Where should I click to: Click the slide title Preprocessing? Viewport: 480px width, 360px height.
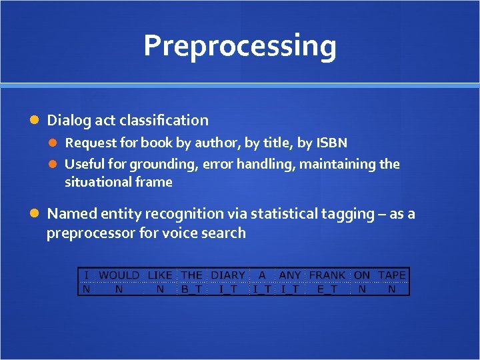[x=239, y=46]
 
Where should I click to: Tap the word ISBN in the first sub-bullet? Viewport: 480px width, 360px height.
[x=331, y=143]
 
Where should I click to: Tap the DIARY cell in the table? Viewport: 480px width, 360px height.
[x=228, y=275]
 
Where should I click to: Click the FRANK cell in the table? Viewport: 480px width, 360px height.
[x=327, y=275]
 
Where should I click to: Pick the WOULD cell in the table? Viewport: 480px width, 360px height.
[x=119, y=275]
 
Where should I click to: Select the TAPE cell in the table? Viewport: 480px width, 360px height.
[x=392, y=275]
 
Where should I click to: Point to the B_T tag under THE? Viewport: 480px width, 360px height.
[x=192, y=289]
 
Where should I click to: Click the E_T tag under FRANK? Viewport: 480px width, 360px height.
[x=327, y=289]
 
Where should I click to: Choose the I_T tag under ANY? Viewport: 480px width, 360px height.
[x=290, y=289]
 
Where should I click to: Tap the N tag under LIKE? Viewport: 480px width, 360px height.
[x=160, y=289]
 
